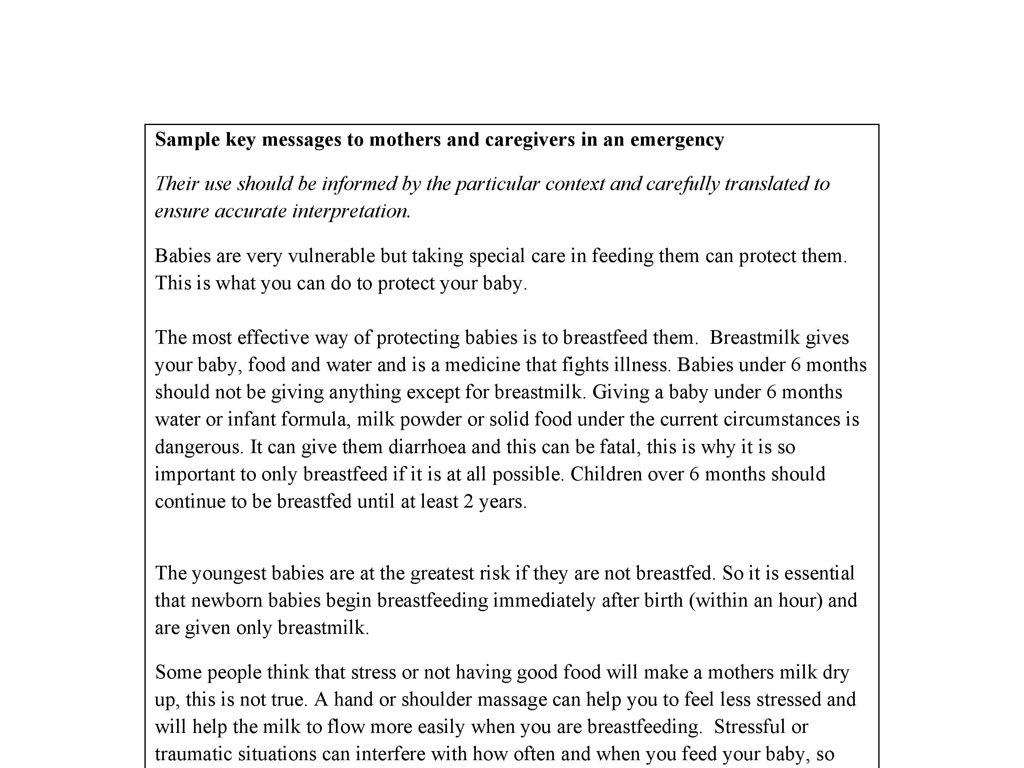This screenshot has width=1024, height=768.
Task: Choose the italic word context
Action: tap(575, 184)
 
